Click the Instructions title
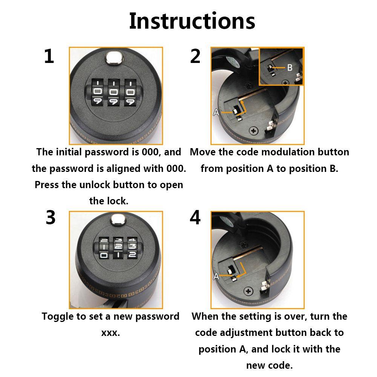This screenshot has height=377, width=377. point(192,21)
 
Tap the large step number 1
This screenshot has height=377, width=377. point(49,56)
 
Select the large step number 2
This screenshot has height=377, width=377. point(195,56)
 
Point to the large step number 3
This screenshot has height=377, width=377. point(51,218)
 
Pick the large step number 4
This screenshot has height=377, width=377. point(195,218)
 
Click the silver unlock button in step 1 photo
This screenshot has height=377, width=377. point(115,58)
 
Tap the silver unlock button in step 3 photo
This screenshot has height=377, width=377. point(118,220)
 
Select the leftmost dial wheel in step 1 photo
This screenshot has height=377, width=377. point(98,92)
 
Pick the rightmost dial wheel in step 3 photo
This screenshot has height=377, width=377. point(132,248)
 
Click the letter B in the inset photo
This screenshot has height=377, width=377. point(290,67)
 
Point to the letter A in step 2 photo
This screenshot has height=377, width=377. point(216,112)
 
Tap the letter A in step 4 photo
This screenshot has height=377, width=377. point(216,276)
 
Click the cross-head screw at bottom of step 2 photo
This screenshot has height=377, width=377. point(254,131)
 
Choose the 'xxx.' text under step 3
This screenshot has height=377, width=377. point(110,333)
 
